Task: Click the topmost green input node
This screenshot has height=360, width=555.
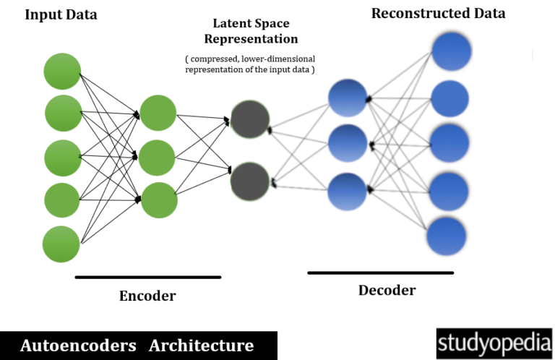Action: (62, 72)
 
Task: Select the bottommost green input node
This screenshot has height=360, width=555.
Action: (61, 244)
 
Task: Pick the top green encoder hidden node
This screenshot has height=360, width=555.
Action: (158, 113)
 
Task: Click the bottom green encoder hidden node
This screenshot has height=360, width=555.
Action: (159, 200)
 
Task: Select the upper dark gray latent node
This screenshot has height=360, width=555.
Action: (250, 119)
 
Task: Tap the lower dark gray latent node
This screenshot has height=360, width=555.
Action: (250, 181)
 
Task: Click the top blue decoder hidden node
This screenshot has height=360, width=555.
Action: (348, 98)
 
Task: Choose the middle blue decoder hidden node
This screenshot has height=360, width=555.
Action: (348, 143)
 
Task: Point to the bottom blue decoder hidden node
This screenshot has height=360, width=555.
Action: (348, 191)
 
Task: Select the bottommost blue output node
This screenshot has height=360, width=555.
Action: (446, 236)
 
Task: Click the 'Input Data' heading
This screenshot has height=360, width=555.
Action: (61, 14)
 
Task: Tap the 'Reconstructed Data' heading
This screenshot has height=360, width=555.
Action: (438, 13)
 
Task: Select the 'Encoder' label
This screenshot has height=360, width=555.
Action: (147, 296)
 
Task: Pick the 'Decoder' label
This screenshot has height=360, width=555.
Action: (387, 291)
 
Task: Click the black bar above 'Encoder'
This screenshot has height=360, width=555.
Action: (147, 277)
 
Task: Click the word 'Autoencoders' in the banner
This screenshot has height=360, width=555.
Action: (78, 346)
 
